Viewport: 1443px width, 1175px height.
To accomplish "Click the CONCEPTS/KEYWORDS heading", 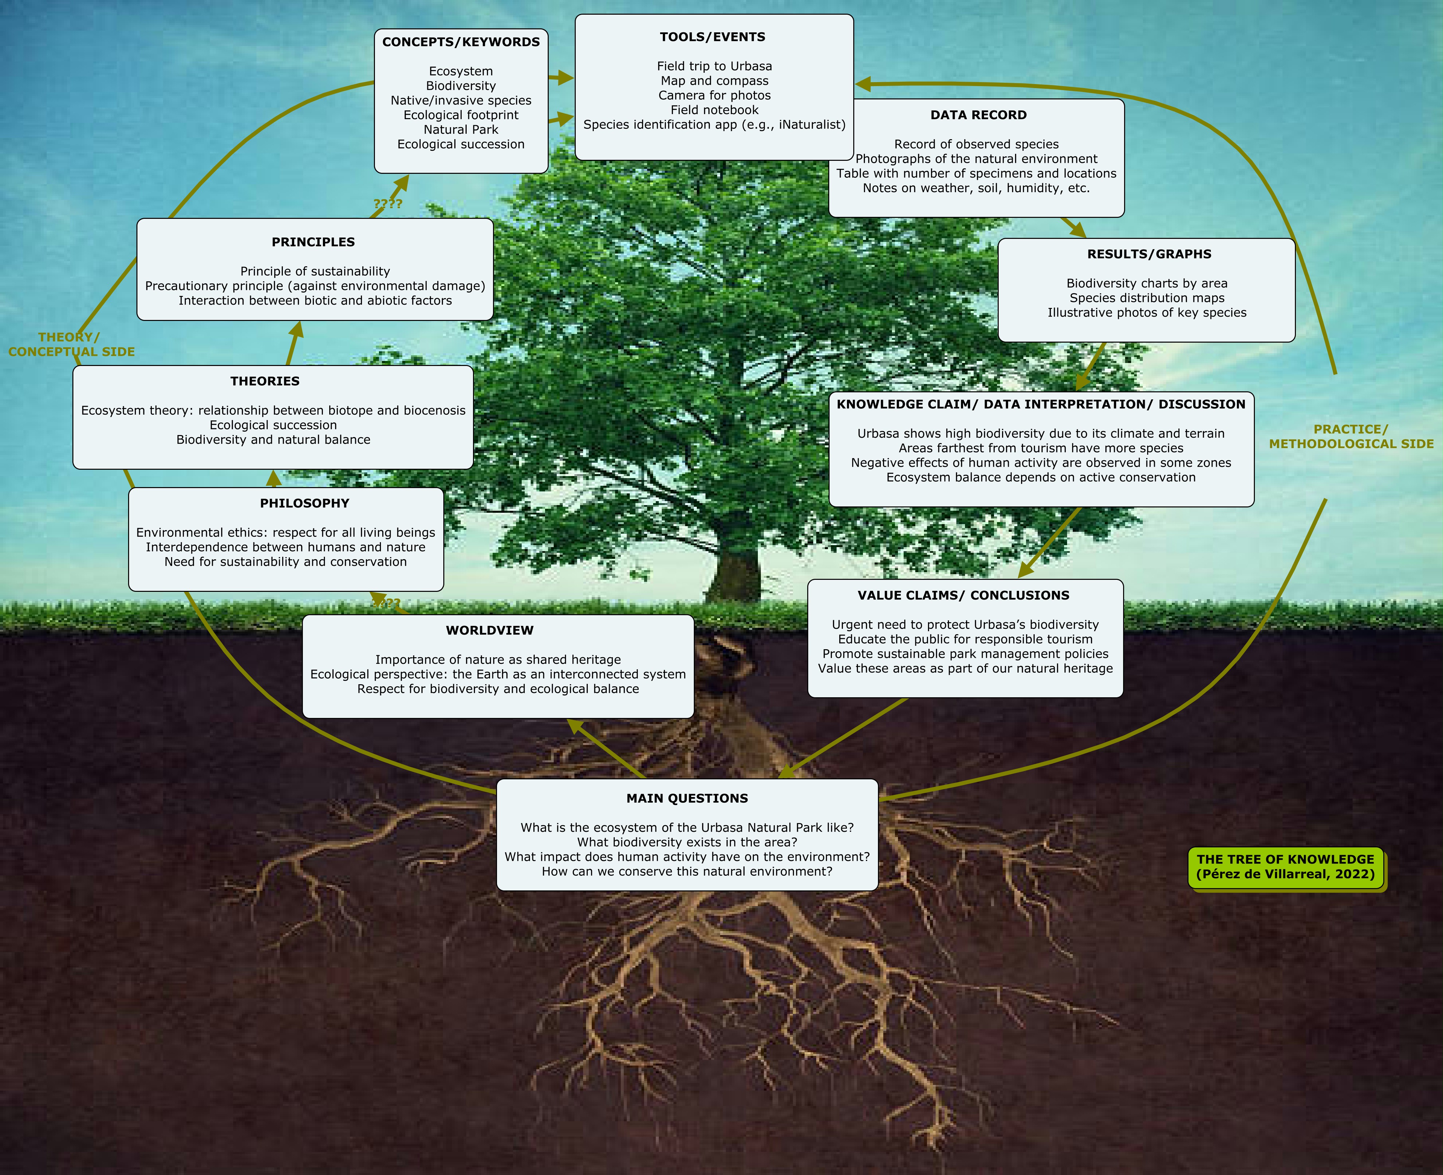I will point(461,42).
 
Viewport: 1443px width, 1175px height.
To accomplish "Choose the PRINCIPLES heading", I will point(313,242).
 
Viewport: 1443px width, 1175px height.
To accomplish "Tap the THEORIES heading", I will point(265,381).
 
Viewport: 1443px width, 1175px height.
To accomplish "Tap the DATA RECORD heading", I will point(978,115).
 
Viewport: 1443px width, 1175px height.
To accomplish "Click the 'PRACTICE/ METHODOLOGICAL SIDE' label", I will point(1351,437).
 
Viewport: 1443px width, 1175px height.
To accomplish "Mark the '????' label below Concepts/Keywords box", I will point(388,204).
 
